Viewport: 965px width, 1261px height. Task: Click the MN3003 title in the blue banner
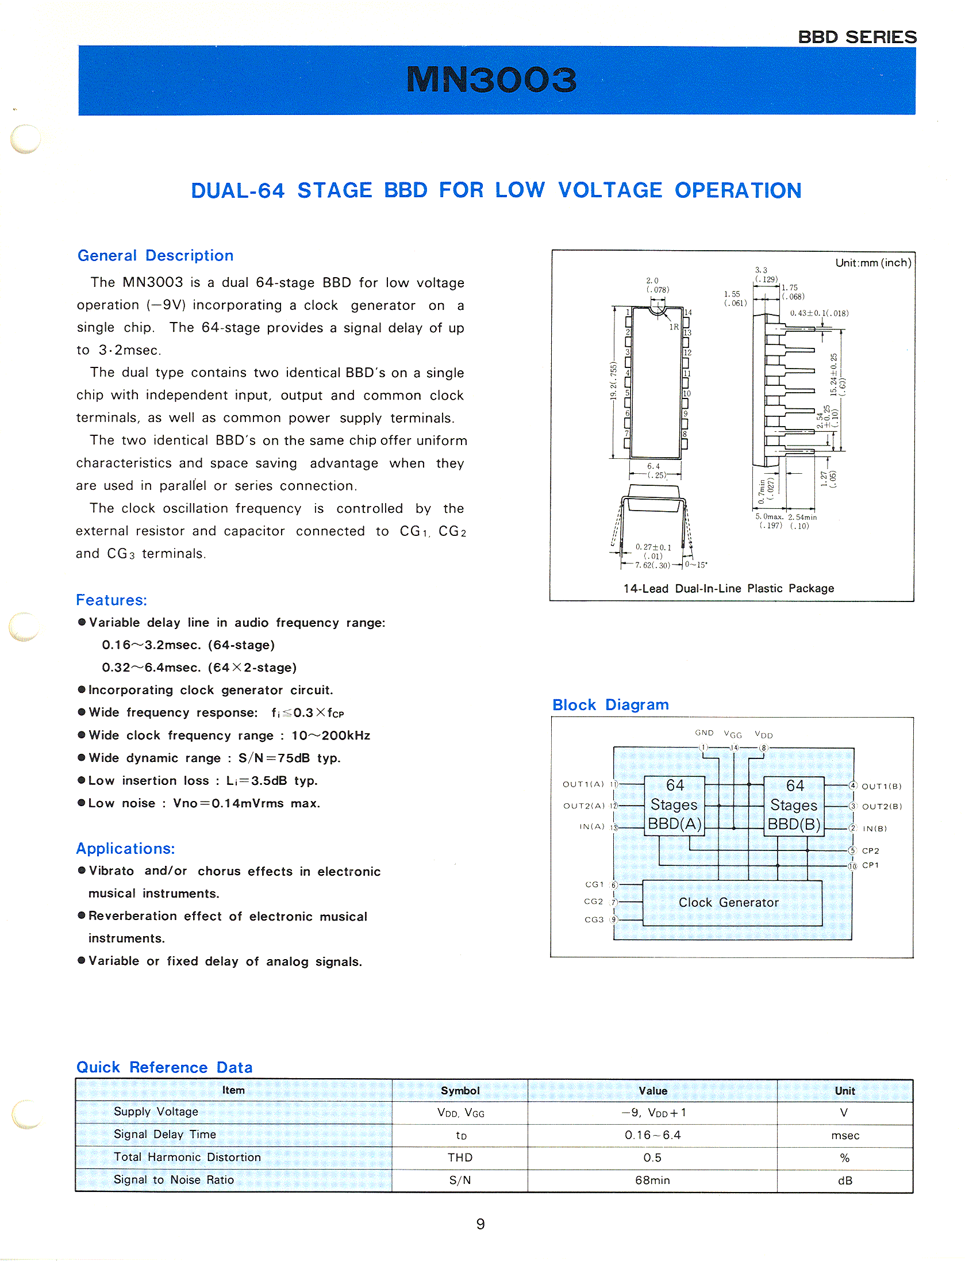pyautogui.click(x=491, y=79)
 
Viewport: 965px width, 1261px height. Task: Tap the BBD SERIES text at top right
pyautogui.click(x=857, y=37)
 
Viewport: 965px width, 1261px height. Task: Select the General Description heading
pyautogui.click(x=155, y=255)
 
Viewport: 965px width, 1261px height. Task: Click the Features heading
pyautogui.click(x=112, y=600)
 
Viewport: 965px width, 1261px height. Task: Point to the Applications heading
pyautogui.click(x=125, y=848)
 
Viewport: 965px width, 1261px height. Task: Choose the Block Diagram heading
pyautogui.click(x=610, y=704)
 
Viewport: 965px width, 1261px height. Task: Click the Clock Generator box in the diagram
pyautogui.click(x=729, y=902)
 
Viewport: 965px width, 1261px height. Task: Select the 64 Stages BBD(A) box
pyautogui.click(x=675, y=804)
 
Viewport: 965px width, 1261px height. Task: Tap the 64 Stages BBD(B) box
pyautogui.click(x=794, y=804)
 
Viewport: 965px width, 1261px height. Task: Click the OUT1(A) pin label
pyautogui.click(x=583, y=784)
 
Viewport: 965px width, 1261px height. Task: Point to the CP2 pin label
pyautogui.click(x=871, y=850)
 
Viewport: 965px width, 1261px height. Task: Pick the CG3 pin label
pyautogui.click(x=594, y=919)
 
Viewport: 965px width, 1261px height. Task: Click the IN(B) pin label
pyautogui.click(x=875, y=829)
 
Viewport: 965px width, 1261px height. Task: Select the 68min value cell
pyautogui.click(x=652, y=1180)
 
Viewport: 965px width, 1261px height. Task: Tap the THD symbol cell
pyautogui.click(x=460, y=1157)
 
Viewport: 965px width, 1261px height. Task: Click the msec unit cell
pyautogui.click(x=845, y=1136)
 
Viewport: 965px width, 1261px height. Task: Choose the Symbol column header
pyautogui.click(x=460, y=1090)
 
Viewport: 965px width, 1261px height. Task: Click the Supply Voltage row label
pyautogui.click(x=156, y=1111)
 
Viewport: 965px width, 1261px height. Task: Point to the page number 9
pyautogui.click(x=480, y=1224)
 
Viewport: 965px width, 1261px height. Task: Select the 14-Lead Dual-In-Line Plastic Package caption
pyautogui.click(x=728, y=588)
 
